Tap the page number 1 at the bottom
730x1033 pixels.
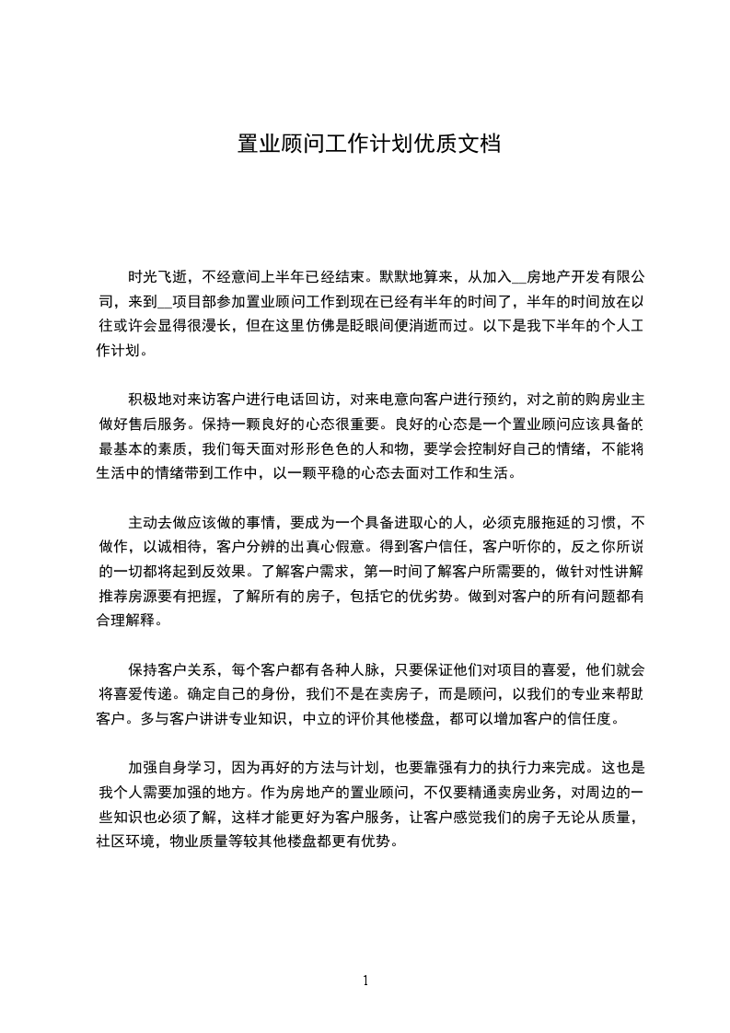click(x=365, y=980)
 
